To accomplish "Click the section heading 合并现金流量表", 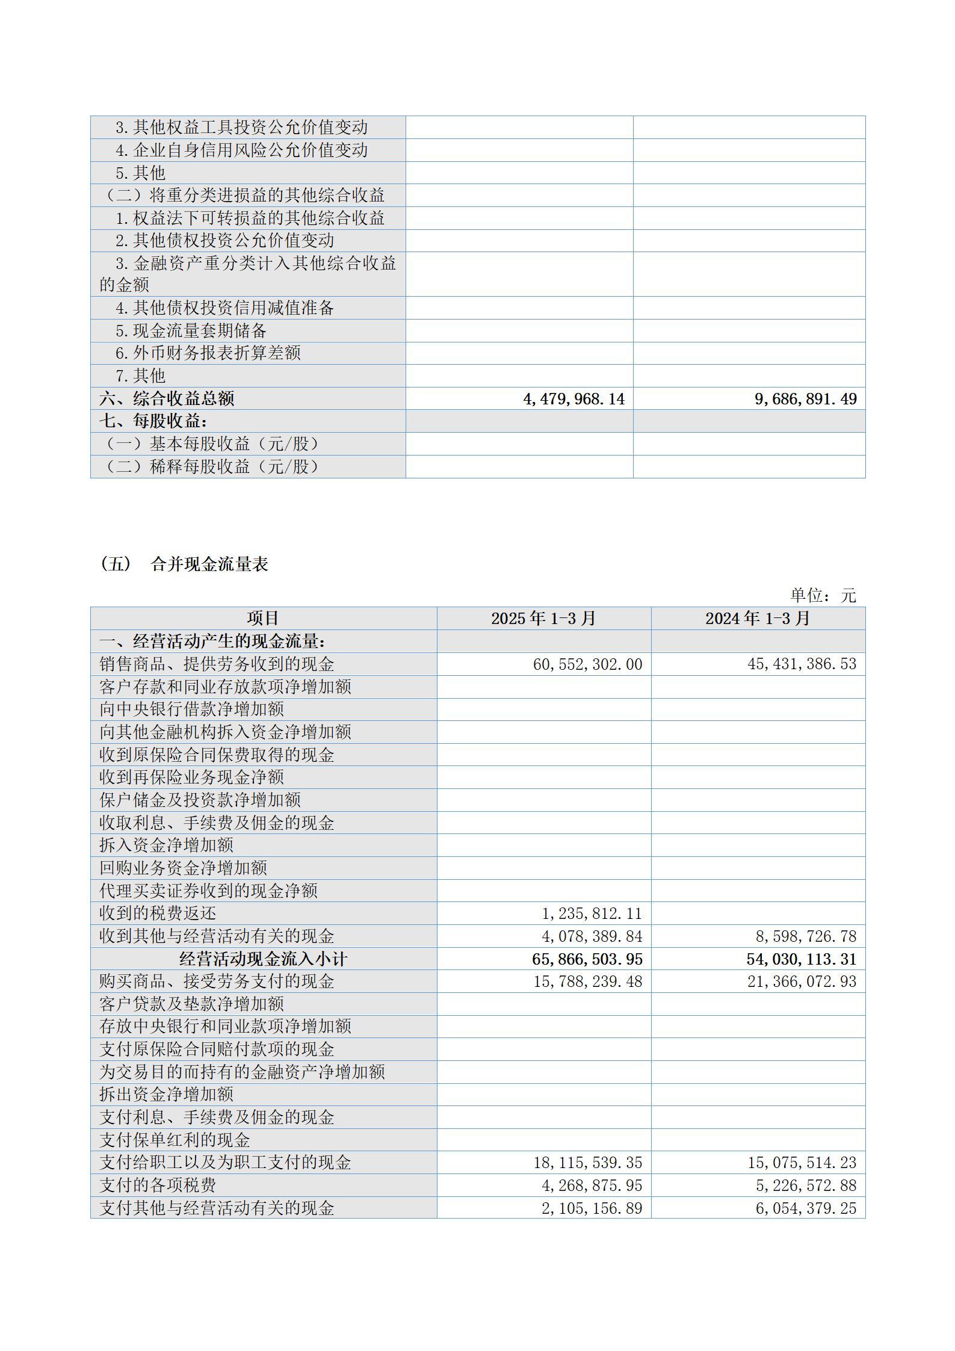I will (x=209, y=564).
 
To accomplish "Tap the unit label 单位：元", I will (x=822, y=596).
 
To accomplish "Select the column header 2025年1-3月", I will (x=543, y=619).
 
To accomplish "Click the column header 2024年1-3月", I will (x=758, y=619).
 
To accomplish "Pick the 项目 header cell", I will (x=263, y=619).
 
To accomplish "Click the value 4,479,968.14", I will (x=574, y=399).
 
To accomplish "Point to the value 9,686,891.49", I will (x=805, y=399).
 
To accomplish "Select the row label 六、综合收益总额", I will (x=167, y=399).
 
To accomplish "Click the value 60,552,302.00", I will (x=587, y=664).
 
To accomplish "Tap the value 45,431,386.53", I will (x=802, y=664).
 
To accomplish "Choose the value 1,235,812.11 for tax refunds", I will (x=592, y=914).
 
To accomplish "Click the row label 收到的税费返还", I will (x=158, y=914).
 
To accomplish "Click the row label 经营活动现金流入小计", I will (x=263, y=959).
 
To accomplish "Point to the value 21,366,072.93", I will (x=802, y=982).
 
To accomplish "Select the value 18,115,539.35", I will (x=587, y=1163).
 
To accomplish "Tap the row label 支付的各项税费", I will (x=158, y=1186).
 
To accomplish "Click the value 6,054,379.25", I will (x=806, y=1208).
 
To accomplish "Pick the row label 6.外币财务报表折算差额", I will (x=208, y=353).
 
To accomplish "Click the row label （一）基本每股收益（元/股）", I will (x=211, y=444).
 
